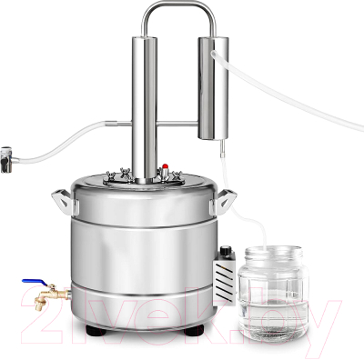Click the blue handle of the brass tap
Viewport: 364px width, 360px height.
(35, 282)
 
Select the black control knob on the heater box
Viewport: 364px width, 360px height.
(225, 250)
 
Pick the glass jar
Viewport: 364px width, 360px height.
(273, 293)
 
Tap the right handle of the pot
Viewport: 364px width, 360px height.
(224, 201)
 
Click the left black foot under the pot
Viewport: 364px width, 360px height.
(96, 330)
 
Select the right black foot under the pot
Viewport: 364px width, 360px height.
(194, 330)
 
